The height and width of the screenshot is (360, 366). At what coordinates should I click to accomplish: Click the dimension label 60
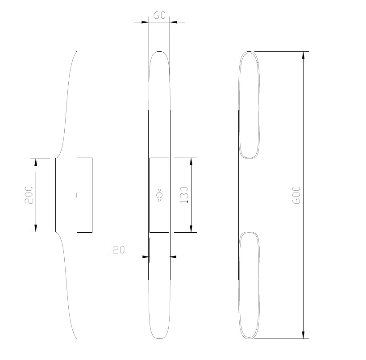[x=159, y=15]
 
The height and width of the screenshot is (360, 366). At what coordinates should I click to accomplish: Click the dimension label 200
[x=29, y=195]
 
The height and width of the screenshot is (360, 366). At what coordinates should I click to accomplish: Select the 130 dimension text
[x=184, y=195]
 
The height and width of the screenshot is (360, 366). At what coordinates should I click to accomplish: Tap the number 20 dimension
[x=119, y=250]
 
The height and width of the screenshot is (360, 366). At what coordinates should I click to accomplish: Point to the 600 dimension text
[x=296, y=195]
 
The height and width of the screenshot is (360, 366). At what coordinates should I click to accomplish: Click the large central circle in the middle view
[x=159, y=195]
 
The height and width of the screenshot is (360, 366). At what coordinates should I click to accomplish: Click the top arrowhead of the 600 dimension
[x=303, y=55]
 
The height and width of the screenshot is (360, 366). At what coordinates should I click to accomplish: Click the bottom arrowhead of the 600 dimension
[x=303, y=335]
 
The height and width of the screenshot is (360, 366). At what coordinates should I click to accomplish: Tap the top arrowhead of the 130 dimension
[x=191, y=162]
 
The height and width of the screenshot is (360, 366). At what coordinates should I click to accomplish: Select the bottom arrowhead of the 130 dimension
[x=191, y=229]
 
